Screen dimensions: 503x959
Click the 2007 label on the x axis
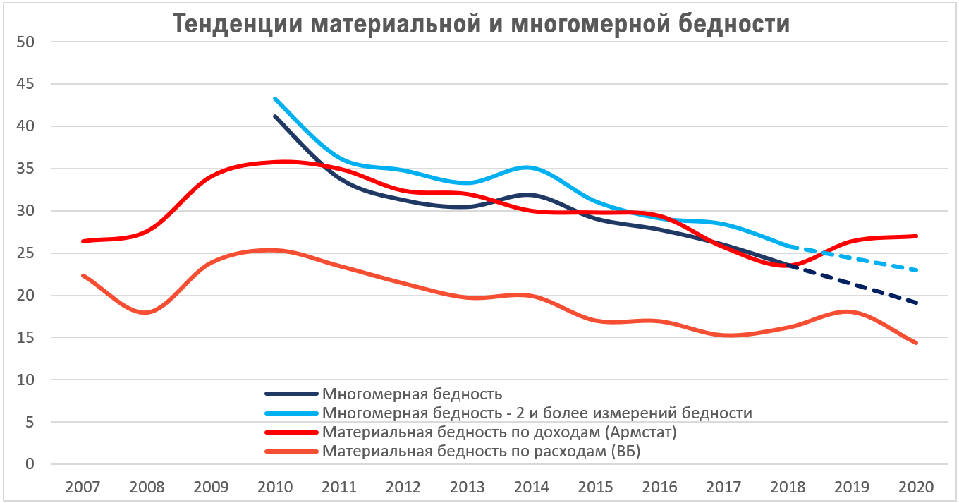(83, 487)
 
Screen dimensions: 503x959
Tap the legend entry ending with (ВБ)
(481, 452)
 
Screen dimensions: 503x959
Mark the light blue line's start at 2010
(274, 99)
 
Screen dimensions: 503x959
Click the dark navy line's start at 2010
(274, 116)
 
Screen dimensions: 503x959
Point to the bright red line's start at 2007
(83, 241)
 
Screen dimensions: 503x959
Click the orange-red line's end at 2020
(917, 343)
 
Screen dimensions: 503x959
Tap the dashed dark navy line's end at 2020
(917, 303)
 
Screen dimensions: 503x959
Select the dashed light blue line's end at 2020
(917, 270)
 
